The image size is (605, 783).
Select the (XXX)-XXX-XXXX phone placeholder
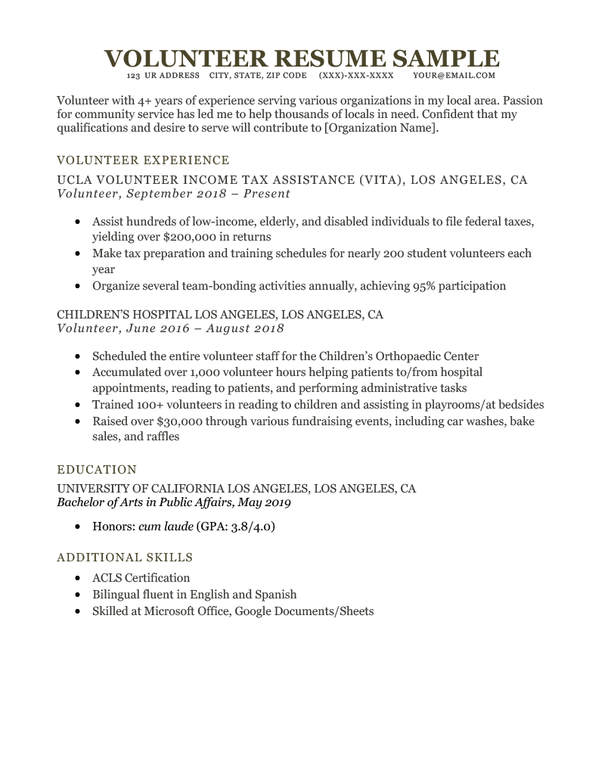(356, 76)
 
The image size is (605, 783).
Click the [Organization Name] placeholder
(380, 129)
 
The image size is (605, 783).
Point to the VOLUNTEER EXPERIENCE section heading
(143, 160)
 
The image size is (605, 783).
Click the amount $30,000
(182, 421)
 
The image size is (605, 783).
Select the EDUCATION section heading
(97, 470)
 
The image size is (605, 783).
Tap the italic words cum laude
(166, 526)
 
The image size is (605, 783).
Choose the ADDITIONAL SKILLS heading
(125, 558)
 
